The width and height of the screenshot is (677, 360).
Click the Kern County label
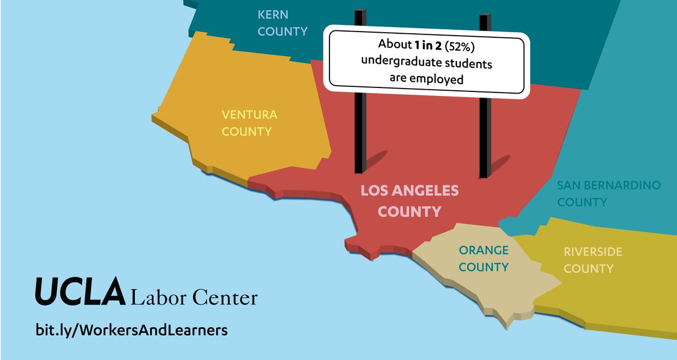click(282, 23)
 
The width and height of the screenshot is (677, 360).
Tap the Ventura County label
click(249, 123)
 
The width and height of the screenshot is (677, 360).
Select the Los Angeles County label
click(410, 201)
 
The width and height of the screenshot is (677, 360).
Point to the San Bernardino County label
click(608, 194)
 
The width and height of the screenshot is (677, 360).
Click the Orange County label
click(483, 258)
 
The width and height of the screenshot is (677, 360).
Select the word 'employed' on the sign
click(440, 79)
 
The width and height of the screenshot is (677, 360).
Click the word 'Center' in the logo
click(225, 297)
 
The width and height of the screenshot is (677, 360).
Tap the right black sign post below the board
click(485, 135)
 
